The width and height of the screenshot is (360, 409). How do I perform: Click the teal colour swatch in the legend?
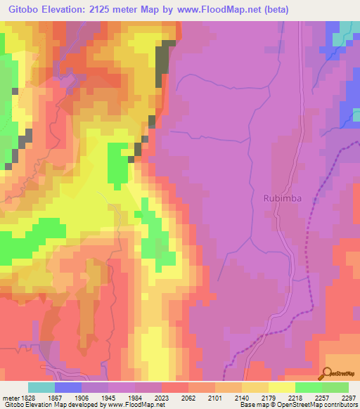41,387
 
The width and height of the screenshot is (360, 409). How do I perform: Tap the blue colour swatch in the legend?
68,387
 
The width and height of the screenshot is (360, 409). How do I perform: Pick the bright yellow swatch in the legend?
281,387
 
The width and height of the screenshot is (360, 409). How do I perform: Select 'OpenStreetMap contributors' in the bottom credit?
323,405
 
